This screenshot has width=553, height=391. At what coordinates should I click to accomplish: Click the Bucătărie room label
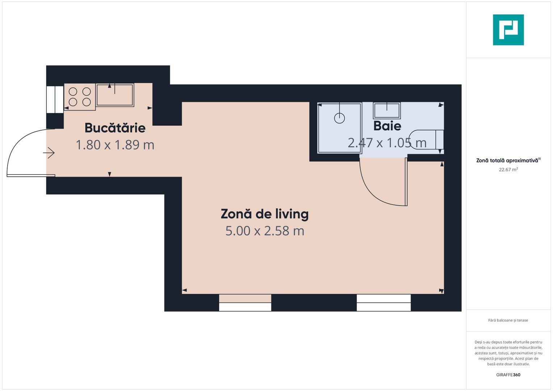(x=115, y=128)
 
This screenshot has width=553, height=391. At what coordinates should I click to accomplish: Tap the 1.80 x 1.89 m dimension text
(x=115, y=145)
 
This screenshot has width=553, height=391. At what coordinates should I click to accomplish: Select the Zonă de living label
(x=264, y=214)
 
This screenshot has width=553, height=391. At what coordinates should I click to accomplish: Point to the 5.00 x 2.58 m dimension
(x=264, y=231)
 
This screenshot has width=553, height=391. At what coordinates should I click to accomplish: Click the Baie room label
(x=387, y=126)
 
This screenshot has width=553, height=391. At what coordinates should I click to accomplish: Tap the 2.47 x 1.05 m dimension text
(x=387, y=143)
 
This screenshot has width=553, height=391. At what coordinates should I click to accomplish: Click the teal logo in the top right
(x=508, y=30)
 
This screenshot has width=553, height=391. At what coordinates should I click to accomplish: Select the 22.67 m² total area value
(x=508, y=169)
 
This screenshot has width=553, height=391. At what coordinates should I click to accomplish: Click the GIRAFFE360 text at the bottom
(x=508, y=375)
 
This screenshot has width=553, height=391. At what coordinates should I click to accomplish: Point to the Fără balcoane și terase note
(x=508, y=320)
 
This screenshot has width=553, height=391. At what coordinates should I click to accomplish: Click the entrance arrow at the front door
(x=49, y=153)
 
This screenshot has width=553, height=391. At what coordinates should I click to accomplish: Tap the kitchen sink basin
(x=115, y=95)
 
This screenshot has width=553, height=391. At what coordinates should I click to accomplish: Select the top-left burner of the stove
(x=73, y=92)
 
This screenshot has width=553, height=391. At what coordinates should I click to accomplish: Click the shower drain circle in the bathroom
(x=339, y=118)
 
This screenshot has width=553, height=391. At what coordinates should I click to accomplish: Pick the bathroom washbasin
(x=387, y=110)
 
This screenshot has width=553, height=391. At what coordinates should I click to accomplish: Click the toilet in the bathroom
(x=427, y=139)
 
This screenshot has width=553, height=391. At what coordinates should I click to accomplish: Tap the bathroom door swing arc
(x=373, y=192)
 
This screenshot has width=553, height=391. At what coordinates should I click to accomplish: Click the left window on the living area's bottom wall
(x=245, y=303)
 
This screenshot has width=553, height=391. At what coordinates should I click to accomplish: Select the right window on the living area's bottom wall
(x=384, y=303)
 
